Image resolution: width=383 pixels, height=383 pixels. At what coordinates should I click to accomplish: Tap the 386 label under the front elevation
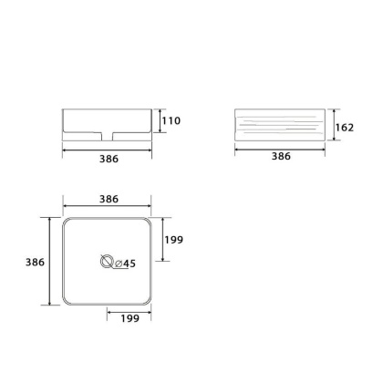tap(109, 157)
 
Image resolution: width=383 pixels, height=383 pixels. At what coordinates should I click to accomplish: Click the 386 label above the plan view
tap(109, 198)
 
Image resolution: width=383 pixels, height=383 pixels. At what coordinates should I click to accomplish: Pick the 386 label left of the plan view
tap(35, 261)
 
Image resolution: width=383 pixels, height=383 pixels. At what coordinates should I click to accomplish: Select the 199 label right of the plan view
tap(174, 240)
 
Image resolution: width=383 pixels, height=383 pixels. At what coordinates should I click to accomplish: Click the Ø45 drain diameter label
tap(125, 264)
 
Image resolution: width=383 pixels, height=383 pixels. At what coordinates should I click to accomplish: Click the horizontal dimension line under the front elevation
tap(109, 148)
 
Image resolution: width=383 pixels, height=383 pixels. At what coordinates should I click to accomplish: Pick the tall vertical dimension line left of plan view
tap(48, 261)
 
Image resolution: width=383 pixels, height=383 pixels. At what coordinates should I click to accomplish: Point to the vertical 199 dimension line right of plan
tap(161, 240)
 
